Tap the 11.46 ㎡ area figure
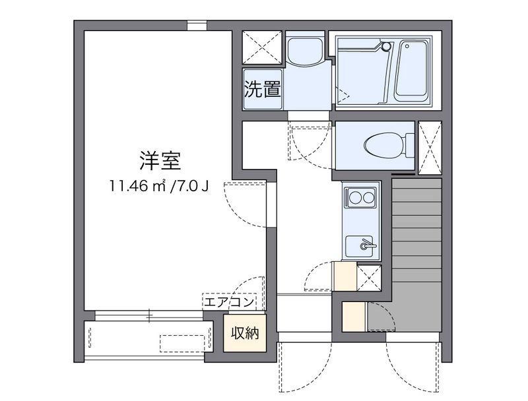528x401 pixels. tap(138, 186)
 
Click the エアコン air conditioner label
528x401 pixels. tap(228, 303)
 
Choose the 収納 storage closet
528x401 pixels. tap(245, 334)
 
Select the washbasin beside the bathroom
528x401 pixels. tap(304, 50)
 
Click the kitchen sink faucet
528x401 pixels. tap(366, 246)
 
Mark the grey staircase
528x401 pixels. tap(415, 254)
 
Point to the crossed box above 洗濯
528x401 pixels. tap(261, 48)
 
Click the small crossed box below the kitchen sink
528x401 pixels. tap(369, 276)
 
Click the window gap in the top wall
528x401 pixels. tap(196, 26)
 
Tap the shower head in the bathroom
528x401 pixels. tap(387, 46)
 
